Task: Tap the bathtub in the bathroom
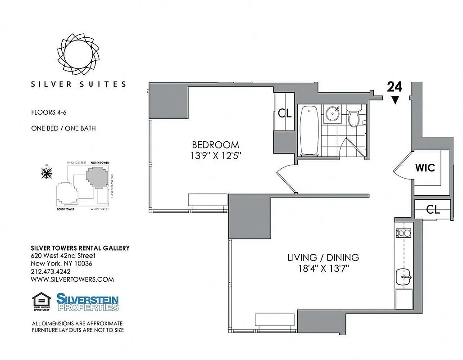coord(309,130)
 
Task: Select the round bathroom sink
coord(334,113)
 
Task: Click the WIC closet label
coord(425,168)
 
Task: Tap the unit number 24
coord(395,87)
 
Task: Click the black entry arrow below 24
coord(395,100)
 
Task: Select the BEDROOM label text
coord(215,145)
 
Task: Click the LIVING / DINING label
coord(323,257)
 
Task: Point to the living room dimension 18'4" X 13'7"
coord(323,269)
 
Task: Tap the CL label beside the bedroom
coord(285,113)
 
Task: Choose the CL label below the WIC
coord(432,209)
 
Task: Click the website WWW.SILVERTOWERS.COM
coord(72,279)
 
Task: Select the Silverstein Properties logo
coord(87,302)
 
